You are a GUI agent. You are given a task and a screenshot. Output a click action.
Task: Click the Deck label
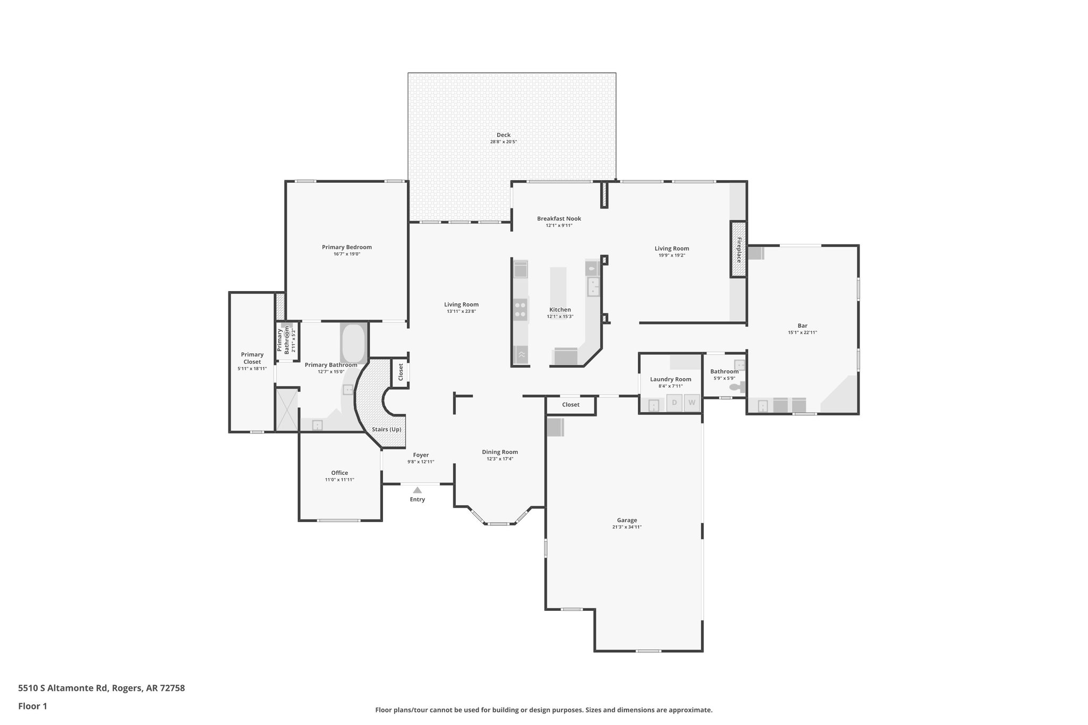tap(503, 135)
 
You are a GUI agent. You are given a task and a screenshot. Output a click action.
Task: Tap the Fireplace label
tap(738, 250)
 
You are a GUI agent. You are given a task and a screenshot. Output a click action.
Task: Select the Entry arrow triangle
tap(417, 490)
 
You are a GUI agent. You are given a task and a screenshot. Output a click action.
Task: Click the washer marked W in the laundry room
tap(692, 403)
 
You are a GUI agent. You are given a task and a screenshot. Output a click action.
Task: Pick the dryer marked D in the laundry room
tap(675, 403)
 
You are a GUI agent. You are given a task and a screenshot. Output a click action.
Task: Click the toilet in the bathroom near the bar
tap(736, 388)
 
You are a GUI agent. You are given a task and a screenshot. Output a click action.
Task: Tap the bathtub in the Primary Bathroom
tap(353, 343)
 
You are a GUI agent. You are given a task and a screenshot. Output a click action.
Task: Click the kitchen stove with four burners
tap(521, 310)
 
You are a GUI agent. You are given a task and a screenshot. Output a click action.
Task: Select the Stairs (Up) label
tap(386, 429)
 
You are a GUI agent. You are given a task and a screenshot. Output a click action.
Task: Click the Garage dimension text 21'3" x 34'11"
tap(627, 527)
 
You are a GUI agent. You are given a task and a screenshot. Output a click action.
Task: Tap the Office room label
tap(339, 473)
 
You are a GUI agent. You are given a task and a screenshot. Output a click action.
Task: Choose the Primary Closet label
tap(252, 358)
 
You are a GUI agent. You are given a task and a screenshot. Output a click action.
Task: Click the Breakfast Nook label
tap(559, 218)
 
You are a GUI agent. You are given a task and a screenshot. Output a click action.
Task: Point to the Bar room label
tap(802, 326)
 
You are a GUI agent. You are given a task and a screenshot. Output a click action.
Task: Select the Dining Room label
tap(500, 452)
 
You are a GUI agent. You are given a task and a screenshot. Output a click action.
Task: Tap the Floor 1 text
tap(32, 706)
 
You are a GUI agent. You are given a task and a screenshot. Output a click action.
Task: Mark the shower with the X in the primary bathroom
tap(287, 410)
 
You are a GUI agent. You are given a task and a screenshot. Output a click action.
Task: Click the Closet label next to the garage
tap(571, 405)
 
